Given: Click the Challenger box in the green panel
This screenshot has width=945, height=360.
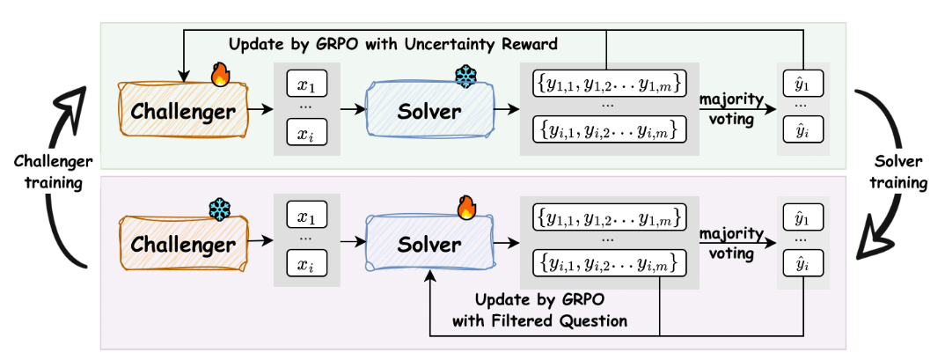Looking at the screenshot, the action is coord(183,110).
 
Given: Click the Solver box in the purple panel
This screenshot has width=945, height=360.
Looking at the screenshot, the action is coord(429,244).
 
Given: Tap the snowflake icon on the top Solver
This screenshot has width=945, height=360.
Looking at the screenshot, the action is coord(465,76).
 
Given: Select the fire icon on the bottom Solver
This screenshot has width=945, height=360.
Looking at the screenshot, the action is coord(466,208).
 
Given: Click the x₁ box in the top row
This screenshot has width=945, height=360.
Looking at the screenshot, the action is coord(307,85).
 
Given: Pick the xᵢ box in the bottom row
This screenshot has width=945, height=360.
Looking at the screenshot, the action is coord(307,264).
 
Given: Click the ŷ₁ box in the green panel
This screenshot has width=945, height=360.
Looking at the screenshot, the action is coord(802,83).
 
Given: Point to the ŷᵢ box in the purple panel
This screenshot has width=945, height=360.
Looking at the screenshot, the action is coord(802,264).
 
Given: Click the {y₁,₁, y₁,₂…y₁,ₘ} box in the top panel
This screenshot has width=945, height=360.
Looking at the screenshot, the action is coord(609,85).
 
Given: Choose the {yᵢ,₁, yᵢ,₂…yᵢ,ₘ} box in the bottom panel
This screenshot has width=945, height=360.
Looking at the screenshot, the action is coord(609,263).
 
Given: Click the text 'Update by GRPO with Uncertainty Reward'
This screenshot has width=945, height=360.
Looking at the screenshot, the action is coord(393,44).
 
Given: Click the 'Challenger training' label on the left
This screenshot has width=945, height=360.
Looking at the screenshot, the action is coord(54,172).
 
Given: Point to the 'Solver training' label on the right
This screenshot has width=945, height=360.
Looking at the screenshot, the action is coord(897,172).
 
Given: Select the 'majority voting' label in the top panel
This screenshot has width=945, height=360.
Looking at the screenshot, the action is coord(732,109).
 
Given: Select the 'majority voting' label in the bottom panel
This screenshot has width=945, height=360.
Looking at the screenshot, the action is coord(732,243).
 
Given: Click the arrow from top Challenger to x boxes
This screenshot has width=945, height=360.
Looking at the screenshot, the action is coord(260,110).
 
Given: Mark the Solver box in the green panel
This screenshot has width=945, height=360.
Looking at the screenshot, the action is coord(429,110).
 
